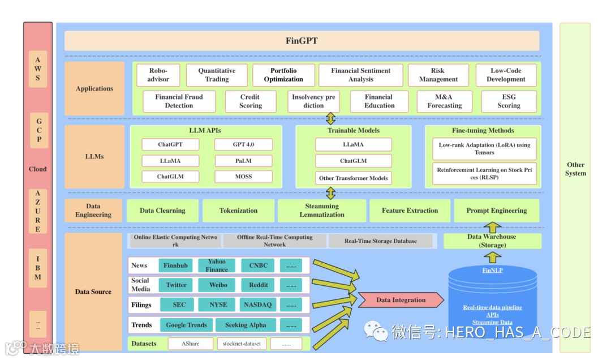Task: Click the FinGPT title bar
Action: click(302, 41)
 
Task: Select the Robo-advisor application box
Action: click(158, 75)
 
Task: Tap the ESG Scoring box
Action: click(509, 101)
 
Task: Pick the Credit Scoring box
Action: click(250, 101)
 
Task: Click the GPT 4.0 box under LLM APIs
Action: click(243, 145)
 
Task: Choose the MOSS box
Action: click(243, 177)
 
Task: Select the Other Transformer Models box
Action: click(354, 178)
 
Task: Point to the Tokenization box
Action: click(238, 211)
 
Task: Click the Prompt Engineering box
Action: click(496, 211)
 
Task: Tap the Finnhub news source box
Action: click(175, 265)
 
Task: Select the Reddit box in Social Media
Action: click(259, 285)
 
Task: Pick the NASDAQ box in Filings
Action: click(257, 305)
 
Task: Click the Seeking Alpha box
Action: click(245, 325)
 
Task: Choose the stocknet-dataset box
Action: click(242, 344)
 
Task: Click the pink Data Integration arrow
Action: click(401, 300)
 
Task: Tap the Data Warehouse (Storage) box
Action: click(492, 241)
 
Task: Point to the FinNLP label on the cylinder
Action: click(492, 271)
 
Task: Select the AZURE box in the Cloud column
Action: click(38, 211)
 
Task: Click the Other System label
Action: click(575, 169)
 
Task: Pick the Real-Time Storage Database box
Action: click(380, 241)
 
